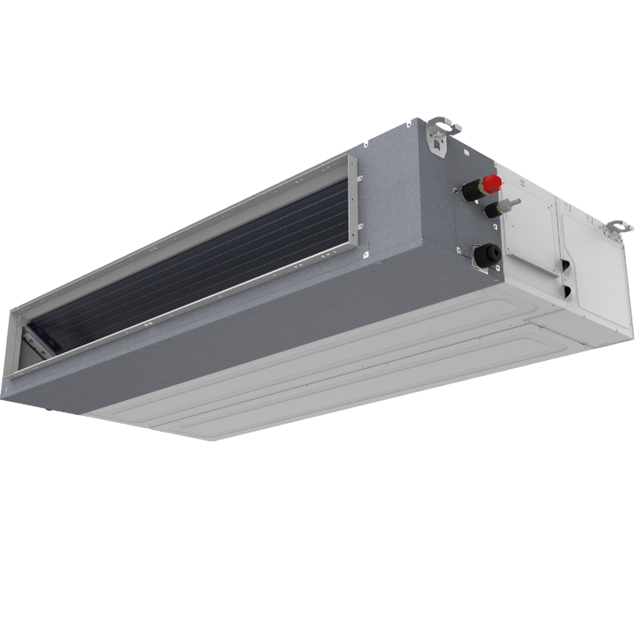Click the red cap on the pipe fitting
click(492, 183)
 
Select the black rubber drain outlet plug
click(485, 255)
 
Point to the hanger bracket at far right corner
click(619, 228)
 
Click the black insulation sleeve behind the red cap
click(472, 190)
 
